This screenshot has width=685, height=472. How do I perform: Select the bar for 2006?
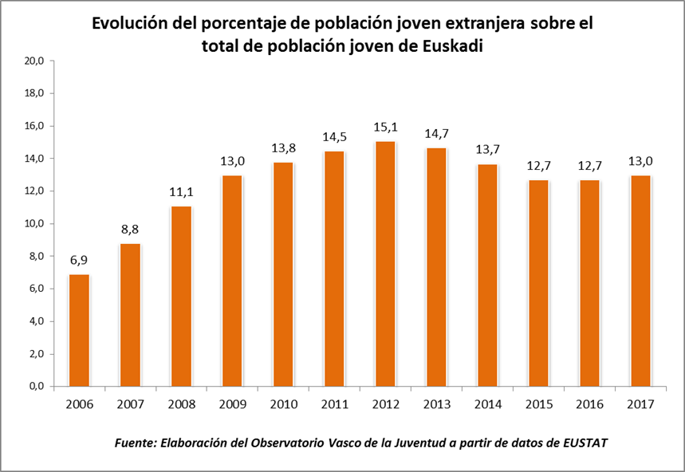point(80,331)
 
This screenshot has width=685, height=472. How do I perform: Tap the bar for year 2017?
point(640,281)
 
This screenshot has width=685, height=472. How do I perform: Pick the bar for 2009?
point(232,281)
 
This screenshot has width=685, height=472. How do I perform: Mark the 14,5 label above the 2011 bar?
point(334,138)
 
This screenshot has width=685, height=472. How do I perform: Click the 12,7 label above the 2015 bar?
point(538,167)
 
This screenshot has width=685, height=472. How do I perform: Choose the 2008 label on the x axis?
point(182,404)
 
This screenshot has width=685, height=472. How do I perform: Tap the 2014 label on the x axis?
point(487,404)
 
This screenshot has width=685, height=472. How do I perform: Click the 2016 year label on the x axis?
point(589,404)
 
